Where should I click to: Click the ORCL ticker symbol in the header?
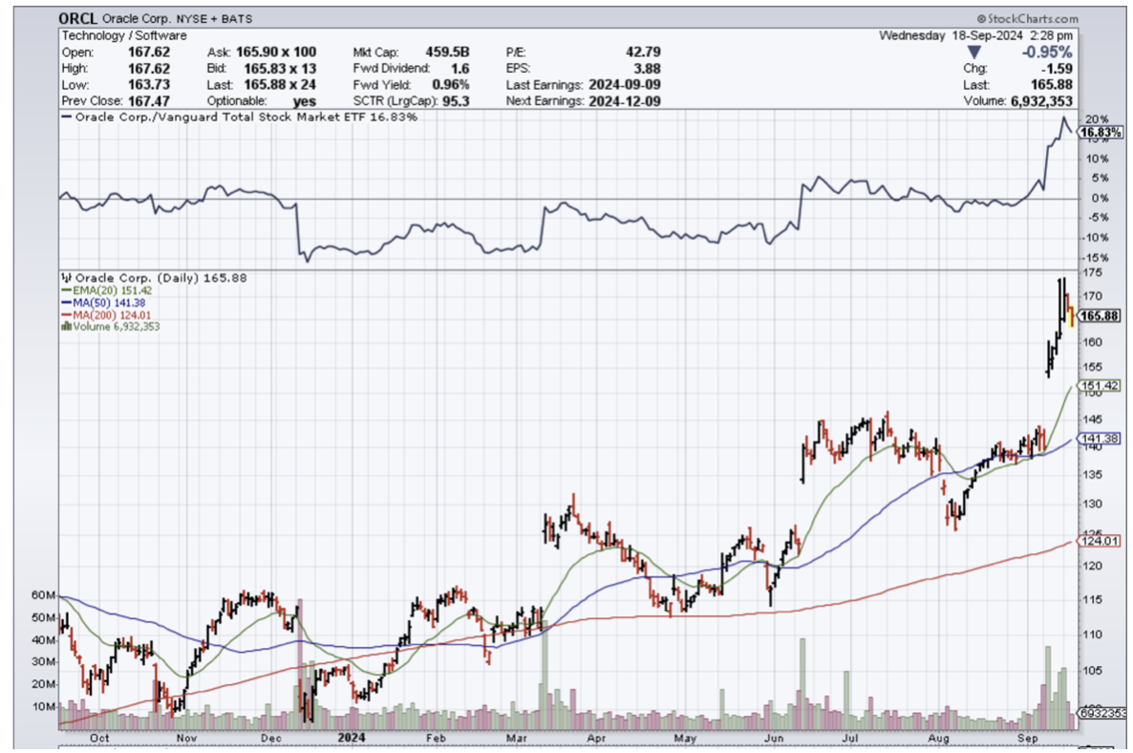[79, 19]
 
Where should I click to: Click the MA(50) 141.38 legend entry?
[104, 301]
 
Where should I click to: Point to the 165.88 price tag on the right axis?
[1099, 315]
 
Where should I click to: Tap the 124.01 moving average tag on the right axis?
[1095, 541]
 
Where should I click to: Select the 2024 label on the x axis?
[349, 738]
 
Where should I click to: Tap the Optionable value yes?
[305, 100]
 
